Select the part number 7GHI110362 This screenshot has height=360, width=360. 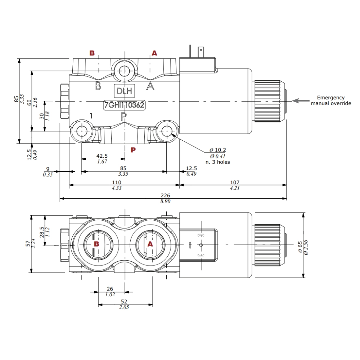click(124, 105)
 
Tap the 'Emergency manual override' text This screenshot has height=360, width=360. click(330, 100)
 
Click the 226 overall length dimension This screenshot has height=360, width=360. click(165, 195)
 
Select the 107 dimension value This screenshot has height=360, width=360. click(234, 182)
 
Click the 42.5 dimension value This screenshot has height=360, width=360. click(103, 156)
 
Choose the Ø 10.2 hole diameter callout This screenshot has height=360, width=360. click(217, 150)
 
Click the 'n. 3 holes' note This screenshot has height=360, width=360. click(217, 162)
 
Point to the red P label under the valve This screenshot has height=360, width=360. click(133, 150)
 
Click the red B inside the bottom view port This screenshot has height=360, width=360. click(96, 244)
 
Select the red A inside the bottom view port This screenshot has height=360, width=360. click(150, 244)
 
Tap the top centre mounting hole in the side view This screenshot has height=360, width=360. click(124, 70)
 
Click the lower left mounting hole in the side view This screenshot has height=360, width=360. click(82, 131)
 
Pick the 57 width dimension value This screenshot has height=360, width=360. click(28, 244)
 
